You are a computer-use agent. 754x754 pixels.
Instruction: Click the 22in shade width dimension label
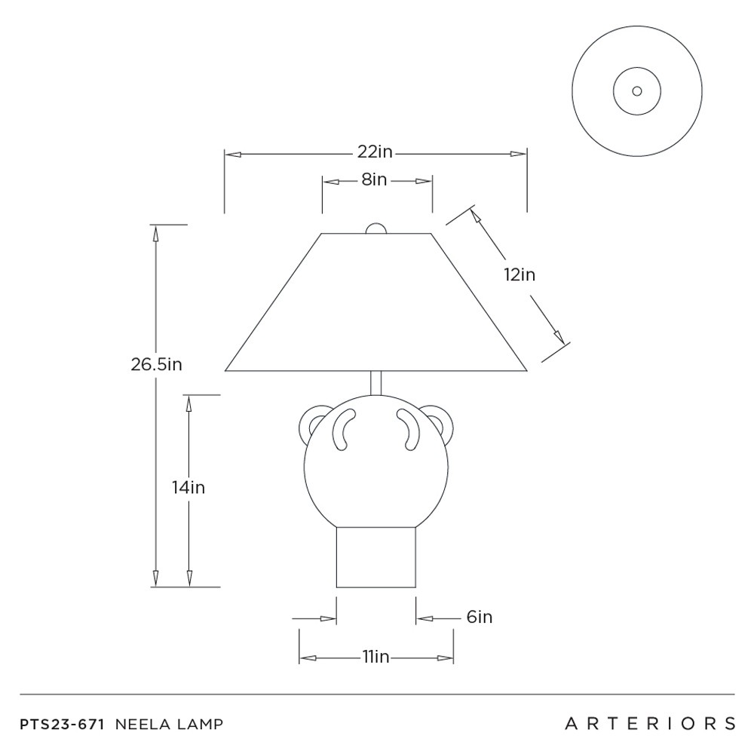[375, 152]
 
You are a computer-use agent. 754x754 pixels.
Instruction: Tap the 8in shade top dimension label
[374, 179]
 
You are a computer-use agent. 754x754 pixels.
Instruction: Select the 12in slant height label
[520, 274]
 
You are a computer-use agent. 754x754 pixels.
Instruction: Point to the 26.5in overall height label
[156, 364]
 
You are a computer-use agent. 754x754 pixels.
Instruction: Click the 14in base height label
[188, 488]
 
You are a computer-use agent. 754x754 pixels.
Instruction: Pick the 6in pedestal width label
[480, 617]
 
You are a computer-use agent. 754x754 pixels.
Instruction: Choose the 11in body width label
[375, 657]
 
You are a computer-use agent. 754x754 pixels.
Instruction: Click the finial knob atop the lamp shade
[376, 228]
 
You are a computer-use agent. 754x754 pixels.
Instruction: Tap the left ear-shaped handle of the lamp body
[311, 423]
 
